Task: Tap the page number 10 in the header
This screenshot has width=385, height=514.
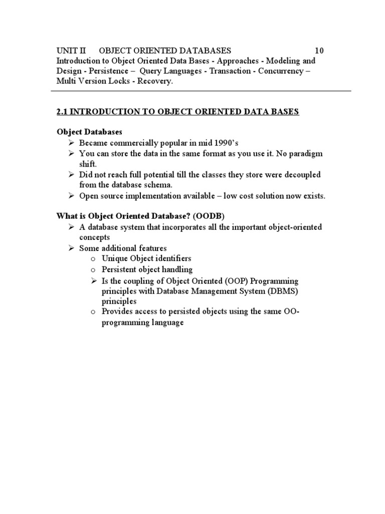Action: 319,50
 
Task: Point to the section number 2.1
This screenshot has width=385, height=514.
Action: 62,111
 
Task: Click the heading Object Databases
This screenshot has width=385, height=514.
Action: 89,132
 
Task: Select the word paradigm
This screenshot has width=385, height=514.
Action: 305,153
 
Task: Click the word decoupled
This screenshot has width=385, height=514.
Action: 302,174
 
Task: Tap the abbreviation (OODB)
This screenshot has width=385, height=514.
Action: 208,216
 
